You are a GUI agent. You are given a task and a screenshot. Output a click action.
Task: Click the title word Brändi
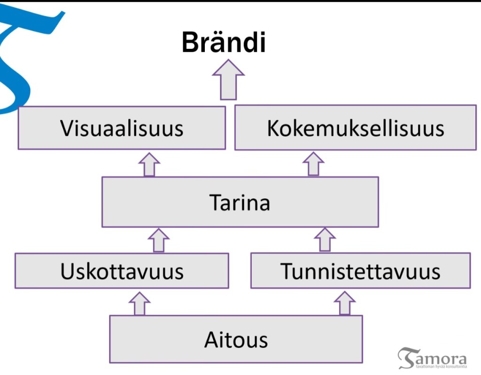tap(224, 42)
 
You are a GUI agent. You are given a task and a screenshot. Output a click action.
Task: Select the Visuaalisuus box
tap(122, 128)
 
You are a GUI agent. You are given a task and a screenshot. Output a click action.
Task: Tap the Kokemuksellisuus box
tap(355, 128)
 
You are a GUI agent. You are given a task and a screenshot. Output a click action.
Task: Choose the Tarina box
tap(240, 202)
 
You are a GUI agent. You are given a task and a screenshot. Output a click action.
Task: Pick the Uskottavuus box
tap(122, 271)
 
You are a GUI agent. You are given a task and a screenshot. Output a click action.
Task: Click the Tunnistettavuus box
tap(360, 271)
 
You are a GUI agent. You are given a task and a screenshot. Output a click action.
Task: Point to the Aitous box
tap(236, 339)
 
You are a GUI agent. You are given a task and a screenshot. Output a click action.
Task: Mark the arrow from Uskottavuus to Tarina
tap(158, 240)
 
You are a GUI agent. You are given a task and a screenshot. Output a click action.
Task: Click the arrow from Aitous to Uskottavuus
tap(140, 303)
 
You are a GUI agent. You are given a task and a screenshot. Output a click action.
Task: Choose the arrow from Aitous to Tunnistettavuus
tap(345, 303)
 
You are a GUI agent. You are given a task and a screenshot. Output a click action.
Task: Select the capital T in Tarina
tap(215, 203)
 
